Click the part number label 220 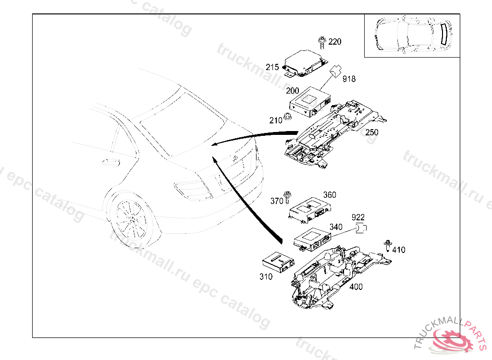(x=335, y=42)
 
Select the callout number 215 (x=272, y=67)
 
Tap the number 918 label (x=349, y=79)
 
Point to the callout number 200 (x=292, y=91)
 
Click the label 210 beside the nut (x=276, y=120)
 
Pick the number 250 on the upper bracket (x=372, y=132)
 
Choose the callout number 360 (x=330, y=195)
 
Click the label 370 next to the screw (x=277, y=202)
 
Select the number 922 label (x=358, y=217)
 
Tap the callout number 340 (x=336, y=227)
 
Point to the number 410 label (x=399, y=250)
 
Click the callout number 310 (x=266, y=276)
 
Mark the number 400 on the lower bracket (x=356, y=287)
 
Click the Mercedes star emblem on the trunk (x=234, y=158)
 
